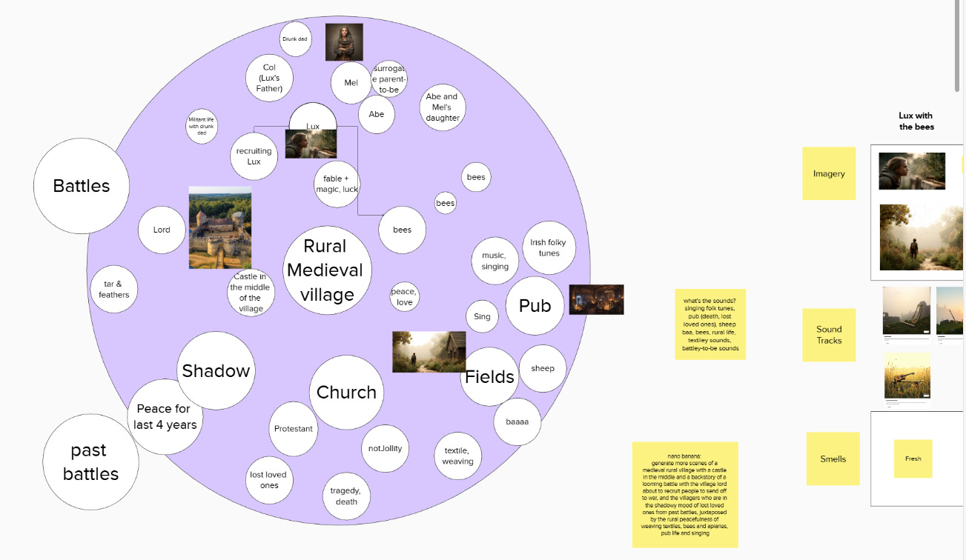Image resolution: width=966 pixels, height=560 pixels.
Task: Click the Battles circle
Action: (x=82, y=186)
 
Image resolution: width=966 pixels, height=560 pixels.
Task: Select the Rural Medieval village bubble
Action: (x=327, y=270)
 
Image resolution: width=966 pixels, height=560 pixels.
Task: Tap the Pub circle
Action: (x=535, y=306)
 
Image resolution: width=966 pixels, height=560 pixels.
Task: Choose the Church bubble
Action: (x=346, y=392)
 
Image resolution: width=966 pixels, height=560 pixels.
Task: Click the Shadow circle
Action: (x=216, y=370)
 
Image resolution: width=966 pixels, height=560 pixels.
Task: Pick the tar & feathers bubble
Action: (x=113, y=289)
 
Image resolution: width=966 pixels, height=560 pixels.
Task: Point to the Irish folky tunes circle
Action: (x=549, y=247)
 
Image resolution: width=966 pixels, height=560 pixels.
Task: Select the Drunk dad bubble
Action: (x=295, y=39)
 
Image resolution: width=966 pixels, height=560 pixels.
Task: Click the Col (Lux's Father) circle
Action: (x=269, y=78)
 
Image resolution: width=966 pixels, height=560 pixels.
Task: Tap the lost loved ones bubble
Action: (x=269, y=480)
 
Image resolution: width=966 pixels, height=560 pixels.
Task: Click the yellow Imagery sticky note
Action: (x=829, y=173)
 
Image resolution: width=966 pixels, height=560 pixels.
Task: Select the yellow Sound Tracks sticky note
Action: (x=829, y=335)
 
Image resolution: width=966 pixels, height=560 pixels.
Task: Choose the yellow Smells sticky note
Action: (x=833, y=459)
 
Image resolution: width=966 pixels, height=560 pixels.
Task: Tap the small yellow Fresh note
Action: (x=913, y=459)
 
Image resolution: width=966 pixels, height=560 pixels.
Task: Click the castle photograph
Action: (x=220, y=227)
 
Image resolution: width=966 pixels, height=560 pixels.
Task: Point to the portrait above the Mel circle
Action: (x=344, y=41)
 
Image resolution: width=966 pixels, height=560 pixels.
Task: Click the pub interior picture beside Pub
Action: (x=596, y=299)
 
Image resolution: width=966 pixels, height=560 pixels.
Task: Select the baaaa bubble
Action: (x=517, y=421)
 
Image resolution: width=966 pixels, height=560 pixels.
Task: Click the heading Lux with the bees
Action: (x=916, y=121)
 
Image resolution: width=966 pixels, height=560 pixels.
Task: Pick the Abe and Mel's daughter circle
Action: (x=443, y=107)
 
